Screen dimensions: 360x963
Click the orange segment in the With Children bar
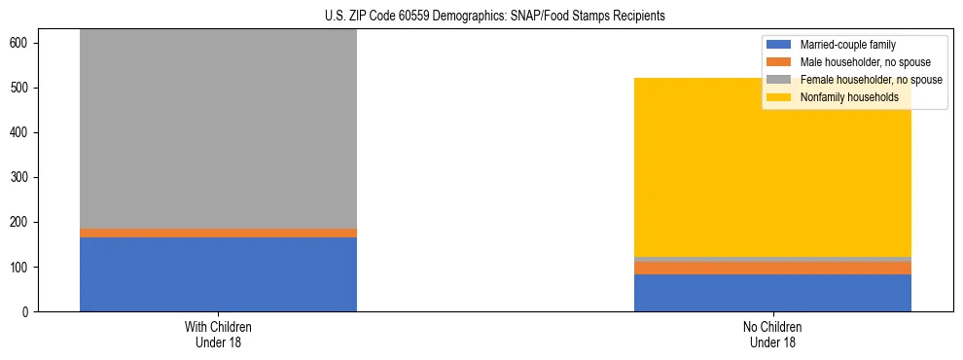(x=218, y=233)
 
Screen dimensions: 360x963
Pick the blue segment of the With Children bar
(x=218, y=274)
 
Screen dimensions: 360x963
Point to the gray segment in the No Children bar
(x=772, y=259)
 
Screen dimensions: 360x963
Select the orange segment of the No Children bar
(x=772, y=269)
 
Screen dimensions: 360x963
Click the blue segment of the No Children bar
(x=772, y=293)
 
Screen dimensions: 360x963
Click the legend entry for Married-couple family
(x=847, y=45)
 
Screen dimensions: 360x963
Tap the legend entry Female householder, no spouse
(x=870, y=80)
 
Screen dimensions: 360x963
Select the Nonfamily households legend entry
(x=849, y=97)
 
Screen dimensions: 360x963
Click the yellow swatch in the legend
(x=779, y=97)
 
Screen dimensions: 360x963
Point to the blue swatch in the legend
(x=779, y=45)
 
